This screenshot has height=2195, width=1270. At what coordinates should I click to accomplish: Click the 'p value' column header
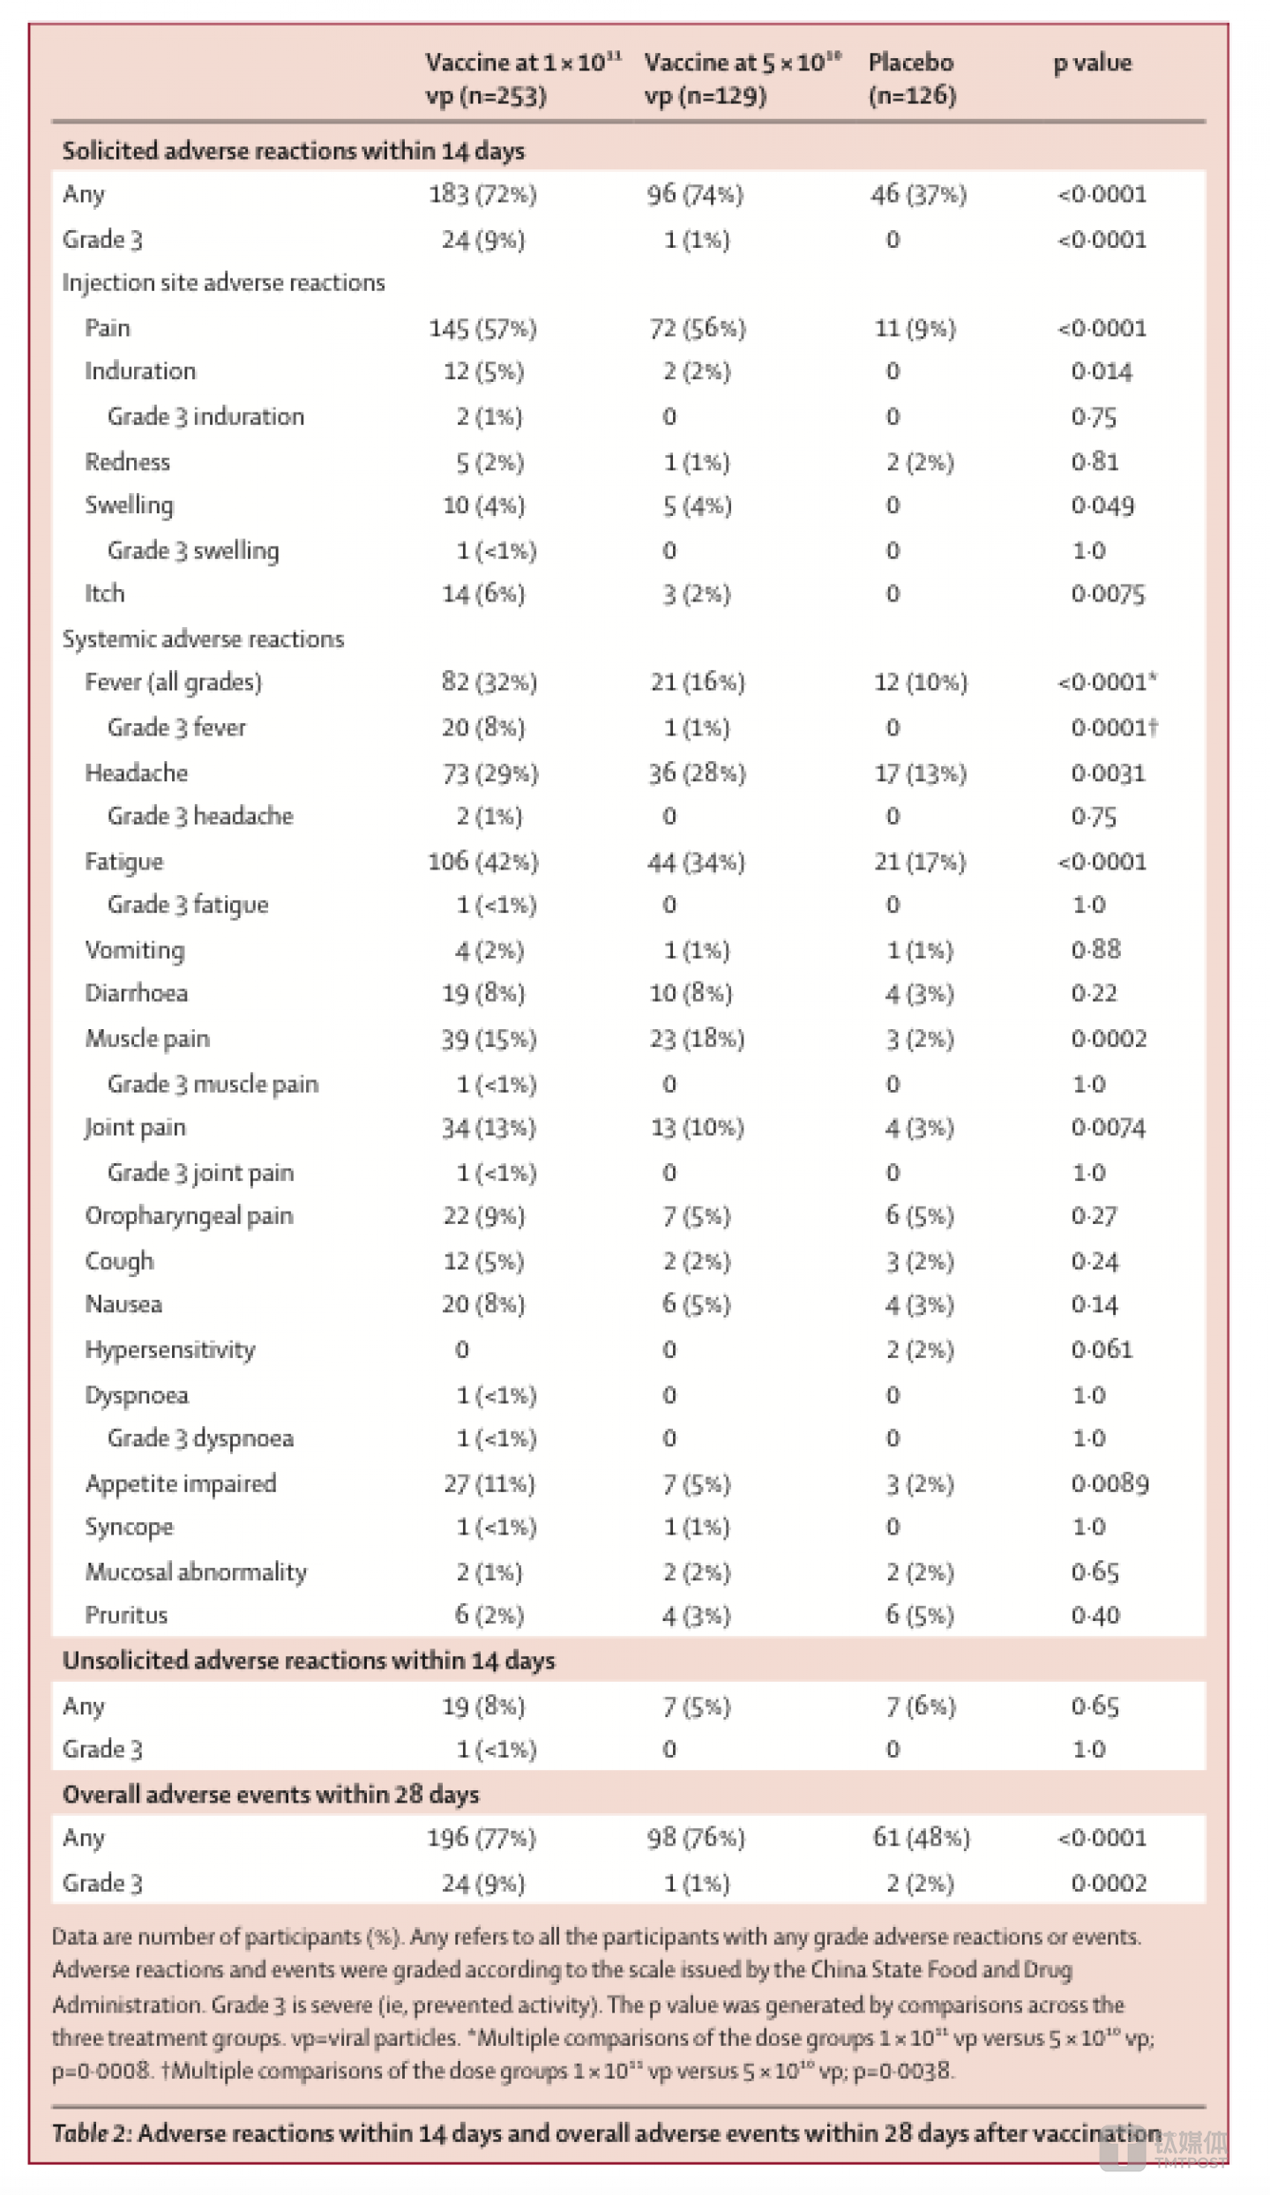[x=1092, y=63]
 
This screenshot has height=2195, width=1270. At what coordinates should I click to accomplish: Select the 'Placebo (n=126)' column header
[x=912, y=78]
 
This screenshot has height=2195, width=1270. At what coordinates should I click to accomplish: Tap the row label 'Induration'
[x=140, y=371]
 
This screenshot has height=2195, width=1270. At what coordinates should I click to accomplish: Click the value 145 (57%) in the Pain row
[x=482, y=329]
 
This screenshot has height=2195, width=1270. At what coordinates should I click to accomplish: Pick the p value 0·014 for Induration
[x=1102, y=371]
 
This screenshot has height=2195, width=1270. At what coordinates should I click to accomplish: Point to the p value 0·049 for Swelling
[x=1102, y=505]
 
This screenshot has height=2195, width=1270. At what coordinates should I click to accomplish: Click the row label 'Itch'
[x=104, y=594]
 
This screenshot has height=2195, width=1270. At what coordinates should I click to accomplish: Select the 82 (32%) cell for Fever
[x=489, y=683]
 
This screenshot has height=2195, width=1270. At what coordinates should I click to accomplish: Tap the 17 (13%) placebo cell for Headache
[x=920, y=773]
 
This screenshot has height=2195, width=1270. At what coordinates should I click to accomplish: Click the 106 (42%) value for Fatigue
[x=483, y=862]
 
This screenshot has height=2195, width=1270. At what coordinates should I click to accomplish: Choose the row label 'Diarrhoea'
[x=136, y=993]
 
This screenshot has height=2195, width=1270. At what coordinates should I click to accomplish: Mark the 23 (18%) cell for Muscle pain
[x=697, y=1039]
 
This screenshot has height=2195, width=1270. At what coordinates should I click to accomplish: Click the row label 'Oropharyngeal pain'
[x=189, y=1216]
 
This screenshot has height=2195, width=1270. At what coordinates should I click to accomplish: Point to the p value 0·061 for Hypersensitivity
[x=1102, y=1349]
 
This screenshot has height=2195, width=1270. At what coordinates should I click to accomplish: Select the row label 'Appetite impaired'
[x=180, y=1483]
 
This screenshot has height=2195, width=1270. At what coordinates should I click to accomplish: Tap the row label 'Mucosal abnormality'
[x=196, y=1572]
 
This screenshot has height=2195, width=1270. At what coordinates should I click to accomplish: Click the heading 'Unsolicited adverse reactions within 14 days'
[x=309, y=1661]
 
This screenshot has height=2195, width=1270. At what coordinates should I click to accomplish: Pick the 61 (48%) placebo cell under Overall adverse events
[x=922, y=1838]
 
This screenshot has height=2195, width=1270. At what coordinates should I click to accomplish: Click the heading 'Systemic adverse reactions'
[x=203, y=638]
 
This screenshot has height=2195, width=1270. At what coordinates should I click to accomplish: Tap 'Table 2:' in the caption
[x=92, y=2132]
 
